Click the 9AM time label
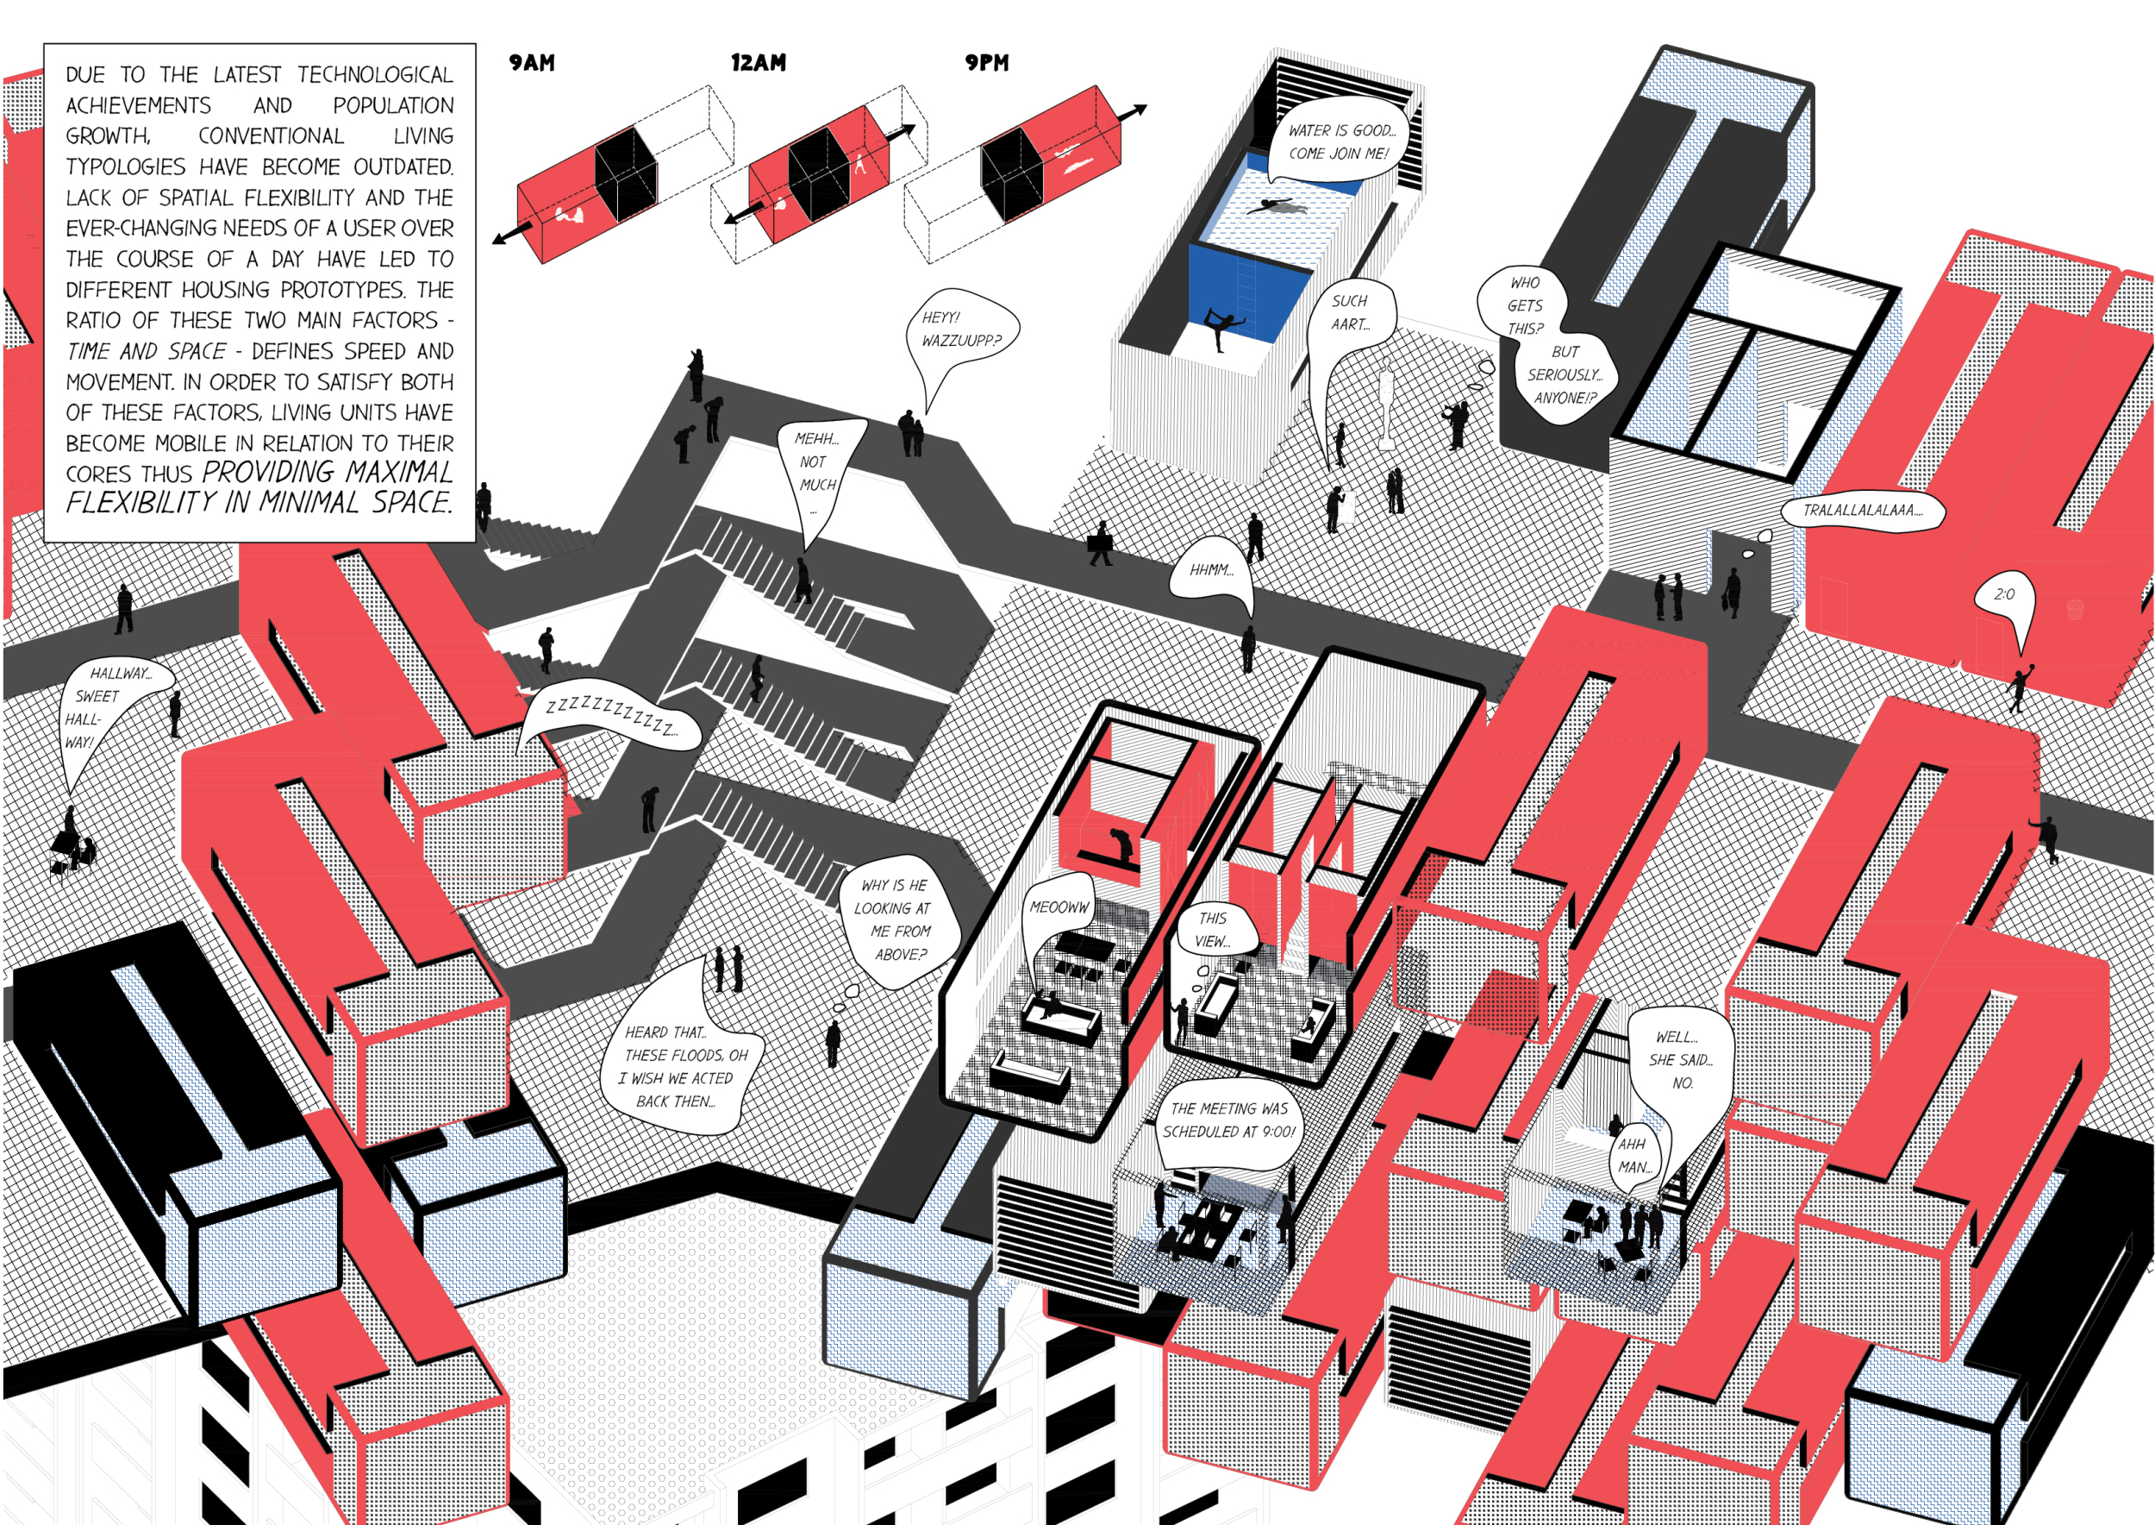click(531, 63)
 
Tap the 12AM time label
click(759, 63)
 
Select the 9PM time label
click(986, 63)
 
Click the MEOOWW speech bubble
click(1059, 907)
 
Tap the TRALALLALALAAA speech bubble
click(1862, 511)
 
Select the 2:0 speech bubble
click(2004, 594)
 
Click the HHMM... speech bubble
click(1211, 570)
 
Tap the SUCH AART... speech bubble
click(1350, 313)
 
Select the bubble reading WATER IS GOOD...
click(1341, 141)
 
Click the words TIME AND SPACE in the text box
click(147, 351)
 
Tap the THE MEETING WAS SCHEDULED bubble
click(1228, 1120)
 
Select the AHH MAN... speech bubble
click(1633, 1156)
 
